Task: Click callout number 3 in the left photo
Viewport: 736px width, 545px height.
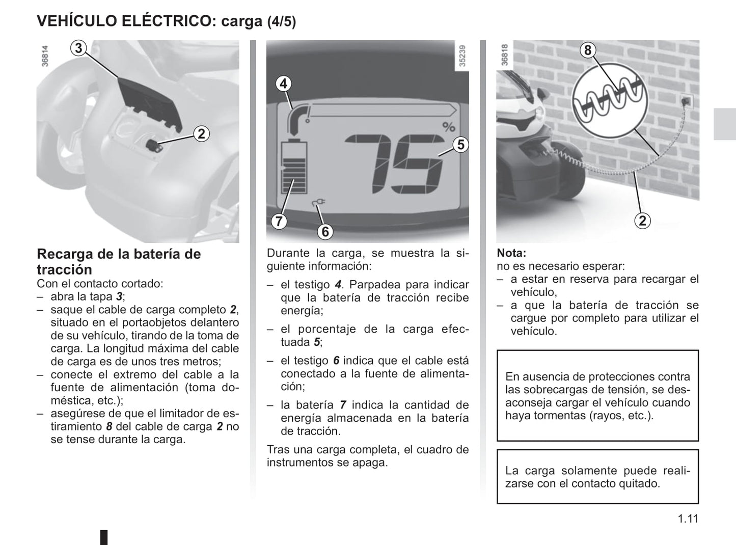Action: click(78, 48)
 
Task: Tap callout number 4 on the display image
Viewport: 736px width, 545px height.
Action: click(284, 84)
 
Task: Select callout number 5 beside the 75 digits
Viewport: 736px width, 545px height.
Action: click(460, 145)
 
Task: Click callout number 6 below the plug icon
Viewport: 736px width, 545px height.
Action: click(325, 232)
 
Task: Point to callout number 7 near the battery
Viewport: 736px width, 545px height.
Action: click(279, 222)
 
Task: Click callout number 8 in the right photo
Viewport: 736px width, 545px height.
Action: click(588, 50)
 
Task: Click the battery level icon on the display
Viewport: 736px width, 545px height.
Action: click(294, 167)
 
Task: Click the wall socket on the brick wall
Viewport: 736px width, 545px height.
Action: click(686, 101)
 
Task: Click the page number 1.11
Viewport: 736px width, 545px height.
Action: click(688, 519)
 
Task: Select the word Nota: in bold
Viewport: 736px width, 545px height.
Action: click(511, 253)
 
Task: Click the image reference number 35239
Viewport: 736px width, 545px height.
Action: click(462, 56)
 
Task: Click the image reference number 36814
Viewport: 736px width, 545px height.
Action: click(45, 56)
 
